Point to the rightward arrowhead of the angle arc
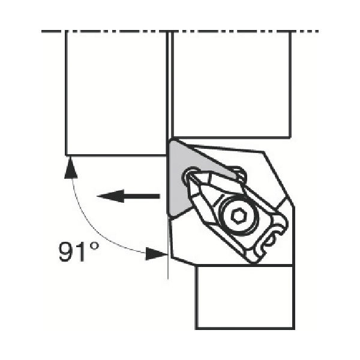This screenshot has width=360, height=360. click(x=157, y=254)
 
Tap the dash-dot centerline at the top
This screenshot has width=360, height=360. click(x=180, y=31)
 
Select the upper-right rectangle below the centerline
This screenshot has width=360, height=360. click(x=231, y=84)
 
